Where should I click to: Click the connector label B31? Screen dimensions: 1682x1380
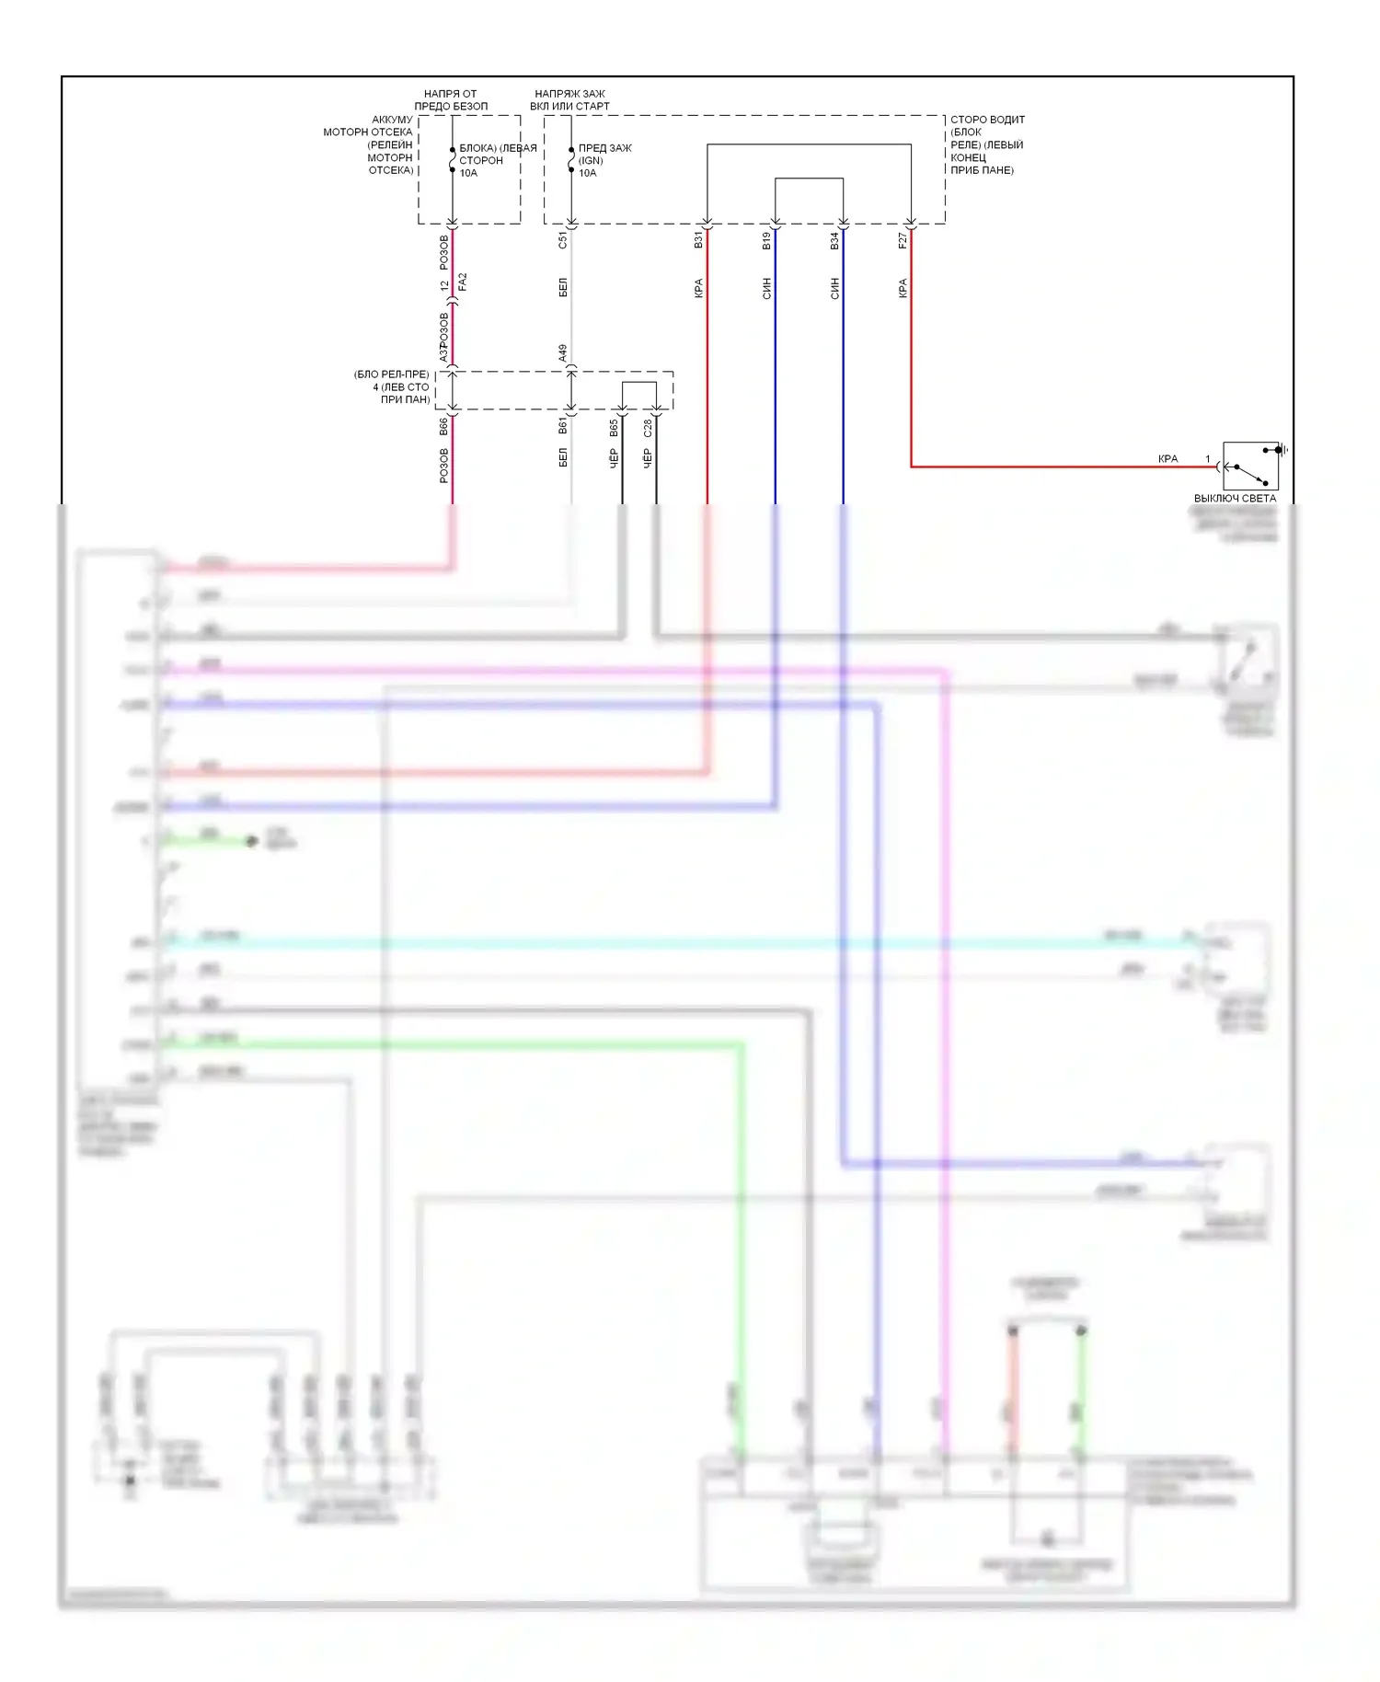[698, 240]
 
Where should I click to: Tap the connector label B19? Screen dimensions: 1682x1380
[766, 241]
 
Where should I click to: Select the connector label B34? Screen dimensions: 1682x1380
[834, 241]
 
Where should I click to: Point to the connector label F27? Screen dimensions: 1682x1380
[903, 241]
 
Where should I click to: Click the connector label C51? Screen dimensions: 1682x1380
[563, 241]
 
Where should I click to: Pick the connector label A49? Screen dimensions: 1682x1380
[563, 353]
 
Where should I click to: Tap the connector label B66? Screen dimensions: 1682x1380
[443, 426]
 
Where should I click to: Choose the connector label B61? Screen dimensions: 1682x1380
[563, 426]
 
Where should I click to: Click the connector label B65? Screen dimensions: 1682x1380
[614, 428]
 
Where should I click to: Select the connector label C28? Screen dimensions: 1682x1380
[648, 428]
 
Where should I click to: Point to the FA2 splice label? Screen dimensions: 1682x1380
[463, 282]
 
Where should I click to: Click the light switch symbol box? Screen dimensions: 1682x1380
[1250, 467]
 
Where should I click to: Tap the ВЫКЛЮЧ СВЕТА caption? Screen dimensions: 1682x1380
[1235, 499]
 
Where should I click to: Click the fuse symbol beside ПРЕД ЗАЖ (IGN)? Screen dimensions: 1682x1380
[571, 160]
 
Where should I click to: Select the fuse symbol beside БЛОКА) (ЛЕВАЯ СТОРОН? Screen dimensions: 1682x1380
[452, 160]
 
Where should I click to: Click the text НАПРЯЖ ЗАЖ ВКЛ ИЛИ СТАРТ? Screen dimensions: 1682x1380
[569, 100]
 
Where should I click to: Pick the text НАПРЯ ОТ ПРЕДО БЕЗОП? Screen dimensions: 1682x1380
[451, 100]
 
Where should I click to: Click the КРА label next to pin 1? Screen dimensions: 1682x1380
[1167, 459]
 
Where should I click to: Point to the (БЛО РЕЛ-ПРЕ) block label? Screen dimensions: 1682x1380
[392, 387]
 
